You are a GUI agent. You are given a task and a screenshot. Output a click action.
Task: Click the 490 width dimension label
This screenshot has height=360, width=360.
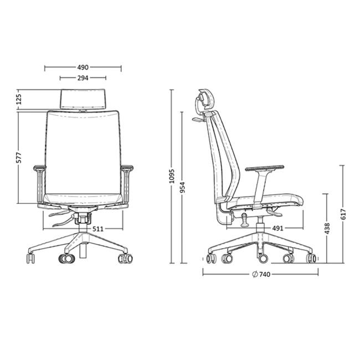coord(83,68)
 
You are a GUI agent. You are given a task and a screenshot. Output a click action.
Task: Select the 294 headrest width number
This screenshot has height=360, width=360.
coord(83,78)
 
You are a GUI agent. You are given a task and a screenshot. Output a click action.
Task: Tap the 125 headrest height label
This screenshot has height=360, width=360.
coord(19,99)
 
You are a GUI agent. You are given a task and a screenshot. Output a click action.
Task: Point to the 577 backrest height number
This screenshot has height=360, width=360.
coord(19,157)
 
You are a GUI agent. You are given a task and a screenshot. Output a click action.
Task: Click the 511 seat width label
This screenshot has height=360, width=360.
coord(98,229)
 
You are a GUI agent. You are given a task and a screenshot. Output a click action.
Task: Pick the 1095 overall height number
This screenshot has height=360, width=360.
coord(172,176)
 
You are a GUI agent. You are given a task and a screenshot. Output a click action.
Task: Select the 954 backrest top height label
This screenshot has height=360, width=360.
coord(182,187)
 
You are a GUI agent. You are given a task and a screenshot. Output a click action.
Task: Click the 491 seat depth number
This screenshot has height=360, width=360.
coord(277,228)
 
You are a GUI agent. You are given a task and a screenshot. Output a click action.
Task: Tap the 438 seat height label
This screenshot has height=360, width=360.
coord(327,229)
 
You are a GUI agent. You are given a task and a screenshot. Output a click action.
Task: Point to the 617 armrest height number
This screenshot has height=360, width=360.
coord(343,214)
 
